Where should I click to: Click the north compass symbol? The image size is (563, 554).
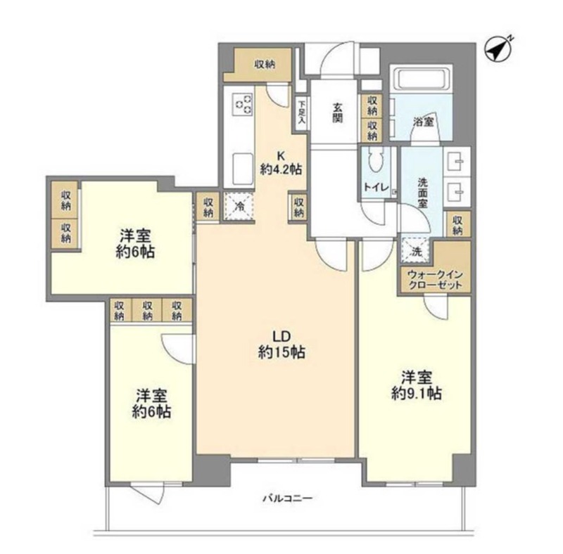(499, 49)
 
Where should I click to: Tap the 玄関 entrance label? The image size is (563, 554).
(337, 112)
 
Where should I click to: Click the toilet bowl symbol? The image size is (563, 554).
(377, 165)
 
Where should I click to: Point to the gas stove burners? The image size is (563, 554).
(243, 104)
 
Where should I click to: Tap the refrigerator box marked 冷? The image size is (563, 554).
(239, 206)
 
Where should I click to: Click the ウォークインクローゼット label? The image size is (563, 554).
(435, 281)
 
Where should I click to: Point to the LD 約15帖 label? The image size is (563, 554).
(282, 344)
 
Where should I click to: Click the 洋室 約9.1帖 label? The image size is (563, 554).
(417, 385)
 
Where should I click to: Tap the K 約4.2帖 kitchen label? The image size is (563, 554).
(281, 162)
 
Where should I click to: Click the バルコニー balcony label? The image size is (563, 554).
(288, 498)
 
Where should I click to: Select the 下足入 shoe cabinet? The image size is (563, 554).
(301, 113)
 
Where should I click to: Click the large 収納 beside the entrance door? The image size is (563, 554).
(265, 65)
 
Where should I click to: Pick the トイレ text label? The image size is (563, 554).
(376, 187)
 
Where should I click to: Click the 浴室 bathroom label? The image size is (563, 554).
(424, 122)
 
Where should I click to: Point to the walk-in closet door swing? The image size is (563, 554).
(435, 307)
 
